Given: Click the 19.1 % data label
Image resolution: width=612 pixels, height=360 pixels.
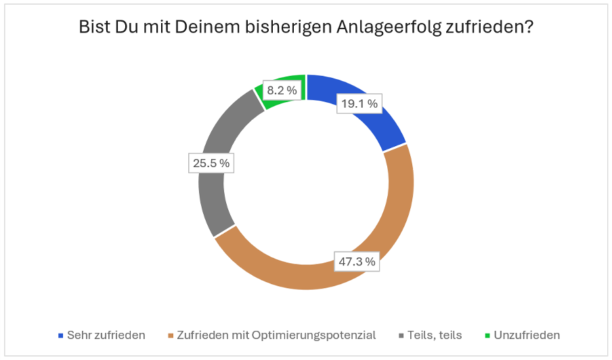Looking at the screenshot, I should click(359, 104).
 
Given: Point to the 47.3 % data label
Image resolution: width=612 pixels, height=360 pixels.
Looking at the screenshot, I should click(357, 261).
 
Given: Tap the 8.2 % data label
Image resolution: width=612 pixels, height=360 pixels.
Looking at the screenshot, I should click(281, 90).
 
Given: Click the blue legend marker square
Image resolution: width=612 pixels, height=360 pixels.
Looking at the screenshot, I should click(61, 336).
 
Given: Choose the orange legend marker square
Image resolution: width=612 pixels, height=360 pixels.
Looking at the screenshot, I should click(171, 336).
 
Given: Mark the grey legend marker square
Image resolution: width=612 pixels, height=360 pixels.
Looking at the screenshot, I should click(401, 336).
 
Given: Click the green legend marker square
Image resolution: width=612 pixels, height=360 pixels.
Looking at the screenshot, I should click(487, 336).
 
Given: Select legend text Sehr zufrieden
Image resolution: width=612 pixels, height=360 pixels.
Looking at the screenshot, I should click(106, 336).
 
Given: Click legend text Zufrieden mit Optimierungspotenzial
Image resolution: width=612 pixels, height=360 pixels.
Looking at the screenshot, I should click(276, 336).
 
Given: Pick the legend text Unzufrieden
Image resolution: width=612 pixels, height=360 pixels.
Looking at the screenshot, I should click(527, 336).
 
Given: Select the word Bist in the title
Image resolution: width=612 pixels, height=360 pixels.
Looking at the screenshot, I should click(95, 28).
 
